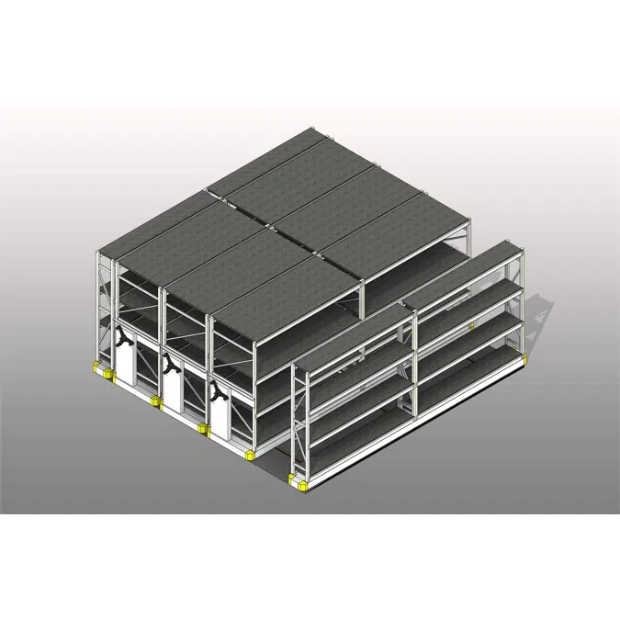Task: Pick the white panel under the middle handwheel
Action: click(174, 393)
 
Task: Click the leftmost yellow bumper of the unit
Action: click(95, 368)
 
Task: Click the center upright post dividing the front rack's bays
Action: click(415, 367)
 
